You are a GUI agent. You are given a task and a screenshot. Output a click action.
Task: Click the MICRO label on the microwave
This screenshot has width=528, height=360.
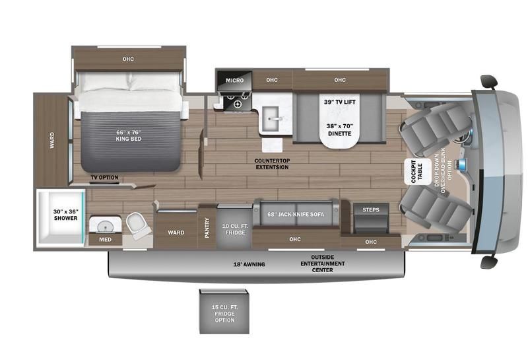coord(234,81)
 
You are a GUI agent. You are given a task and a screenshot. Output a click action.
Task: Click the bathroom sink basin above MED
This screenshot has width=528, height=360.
coord(105,226)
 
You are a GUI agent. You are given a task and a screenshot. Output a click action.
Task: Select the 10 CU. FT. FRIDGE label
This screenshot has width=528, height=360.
coord(234,228)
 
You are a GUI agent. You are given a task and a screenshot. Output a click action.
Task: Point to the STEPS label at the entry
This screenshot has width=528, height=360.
coord(371,210)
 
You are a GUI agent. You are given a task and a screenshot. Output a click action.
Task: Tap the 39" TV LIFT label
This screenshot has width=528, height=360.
coord(339,102)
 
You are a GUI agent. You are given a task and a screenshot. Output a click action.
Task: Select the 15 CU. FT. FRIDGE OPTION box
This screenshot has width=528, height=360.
coord(224,311)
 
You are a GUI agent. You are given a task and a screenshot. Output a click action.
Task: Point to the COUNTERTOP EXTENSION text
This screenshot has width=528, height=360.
coord(271,164)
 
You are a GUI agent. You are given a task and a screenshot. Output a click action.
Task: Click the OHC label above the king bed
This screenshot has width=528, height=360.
coord(128,59)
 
